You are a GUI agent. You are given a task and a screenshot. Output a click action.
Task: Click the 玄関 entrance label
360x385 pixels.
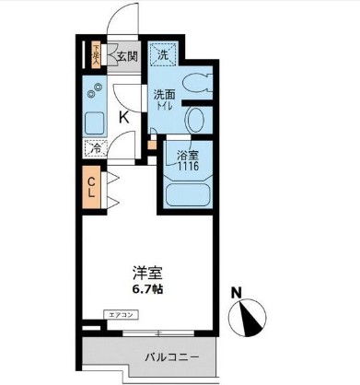click(x=127, y=55)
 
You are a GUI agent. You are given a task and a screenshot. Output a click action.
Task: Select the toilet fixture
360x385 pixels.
click(x=194, y=83)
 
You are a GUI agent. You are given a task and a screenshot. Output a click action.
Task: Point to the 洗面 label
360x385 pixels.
click(x=165, y=94)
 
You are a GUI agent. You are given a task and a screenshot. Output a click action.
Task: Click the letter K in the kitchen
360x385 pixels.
click(x=123, y=117)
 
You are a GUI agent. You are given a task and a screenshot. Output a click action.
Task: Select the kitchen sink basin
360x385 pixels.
click(x=94, y=123)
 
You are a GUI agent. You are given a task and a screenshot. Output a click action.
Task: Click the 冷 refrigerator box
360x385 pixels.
click(x=94, y=147)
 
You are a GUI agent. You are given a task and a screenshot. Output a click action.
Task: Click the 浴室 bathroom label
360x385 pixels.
click(x=188, y=157)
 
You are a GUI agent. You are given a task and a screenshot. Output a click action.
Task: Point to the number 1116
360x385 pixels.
click(x=188, y=169)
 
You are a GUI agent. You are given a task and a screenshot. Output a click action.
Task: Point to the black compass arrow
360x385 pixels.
click(x=248, y=319)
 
